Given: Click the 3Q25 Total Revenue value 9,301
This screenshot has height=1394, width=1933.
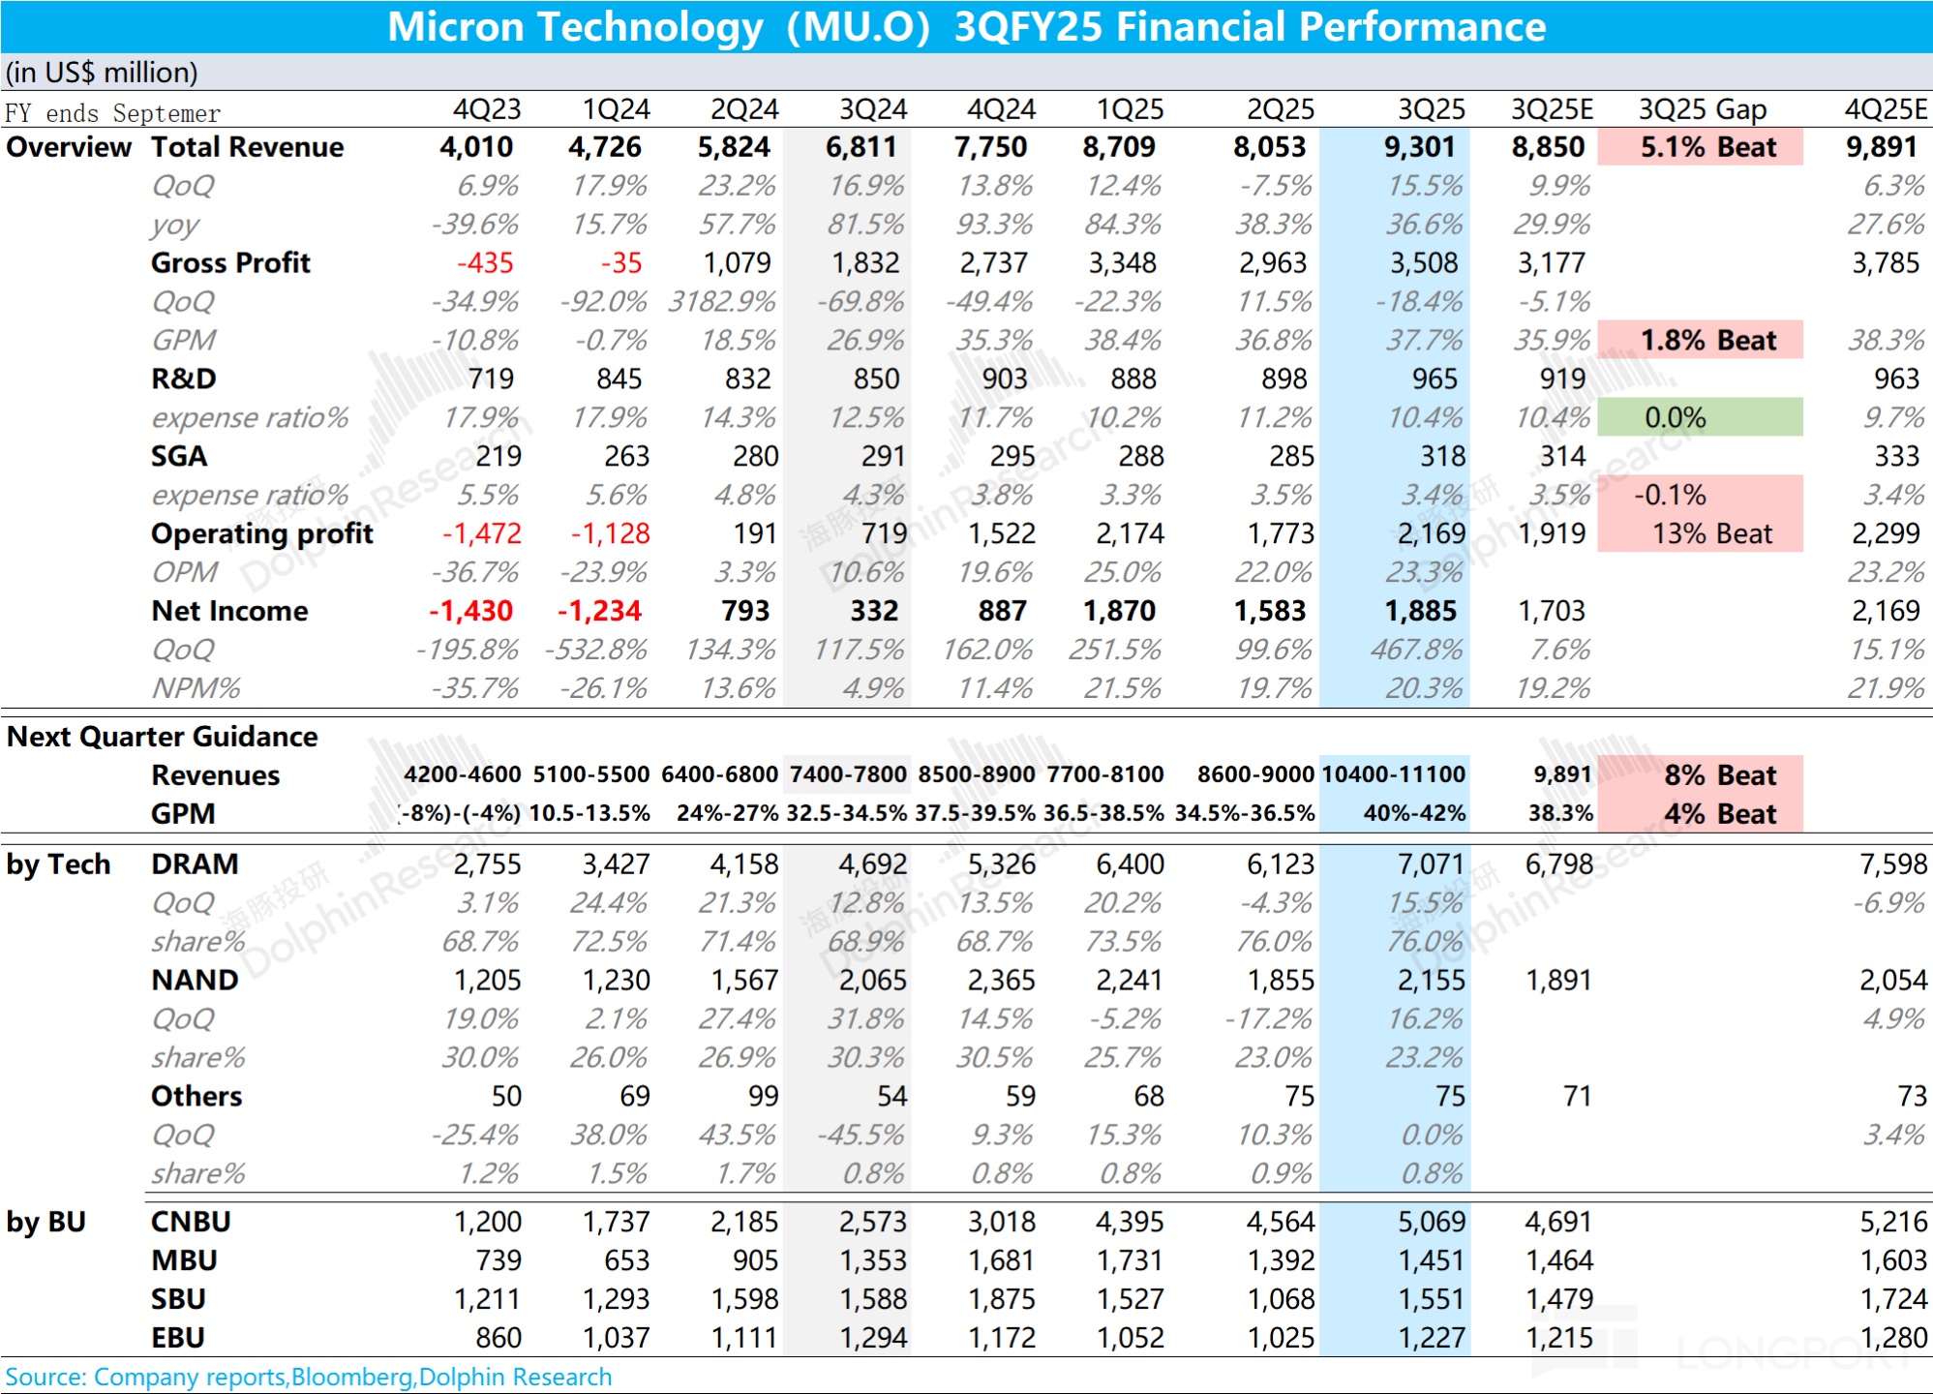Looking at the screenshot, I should tap(1419, 147).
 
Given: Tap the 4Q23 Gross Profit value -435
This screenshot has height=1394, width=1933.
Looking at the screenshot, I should tap(485, 263).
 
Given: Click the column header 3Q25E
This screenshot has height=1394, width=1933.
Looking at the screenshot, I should tap(1552, 109).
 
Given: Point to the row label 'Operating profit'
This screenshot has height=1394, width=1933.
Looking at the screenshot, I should tap(261, 533).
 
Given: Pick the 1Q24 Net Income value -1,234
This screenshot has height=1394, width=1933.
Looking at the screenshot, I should tap(599, 611).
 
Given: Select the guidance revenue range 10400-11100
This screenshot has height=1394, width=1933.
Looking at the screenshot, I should tap(1393, 774).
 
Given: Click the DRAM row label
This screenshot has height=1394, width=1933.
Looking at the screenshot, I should tap(195, 864).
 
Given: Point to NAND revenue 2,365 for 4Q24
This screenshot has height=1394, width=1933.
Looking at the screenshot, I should tap(1001, 981).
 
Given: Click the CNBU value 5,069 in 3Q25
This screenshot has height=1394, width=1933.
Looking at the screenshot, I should tap(1431, 1222).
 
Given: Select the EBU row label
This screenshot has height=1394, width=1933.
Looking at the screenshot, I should tap(178, 1338).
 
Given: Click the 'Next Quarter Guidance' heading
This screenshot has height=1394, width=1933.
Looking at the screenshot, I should tap(162, 737).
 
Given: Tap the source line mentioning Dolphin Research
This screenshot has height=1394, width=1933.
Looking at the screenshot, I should tap(308, 1377).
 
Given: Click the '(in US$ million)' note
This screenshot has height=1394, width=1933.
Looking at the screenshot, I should tap(102, 73).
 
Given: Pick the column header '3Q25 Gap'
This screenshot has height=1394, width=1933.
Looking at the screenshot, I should tap(1702, 109).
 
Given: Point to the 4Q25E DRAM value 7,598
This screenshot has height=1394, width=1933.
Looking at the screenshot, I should tap(1892, 864).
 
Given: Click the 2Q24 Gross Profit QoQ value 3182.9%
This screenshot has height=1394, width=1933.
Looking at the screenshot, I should tap(721, 302).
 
